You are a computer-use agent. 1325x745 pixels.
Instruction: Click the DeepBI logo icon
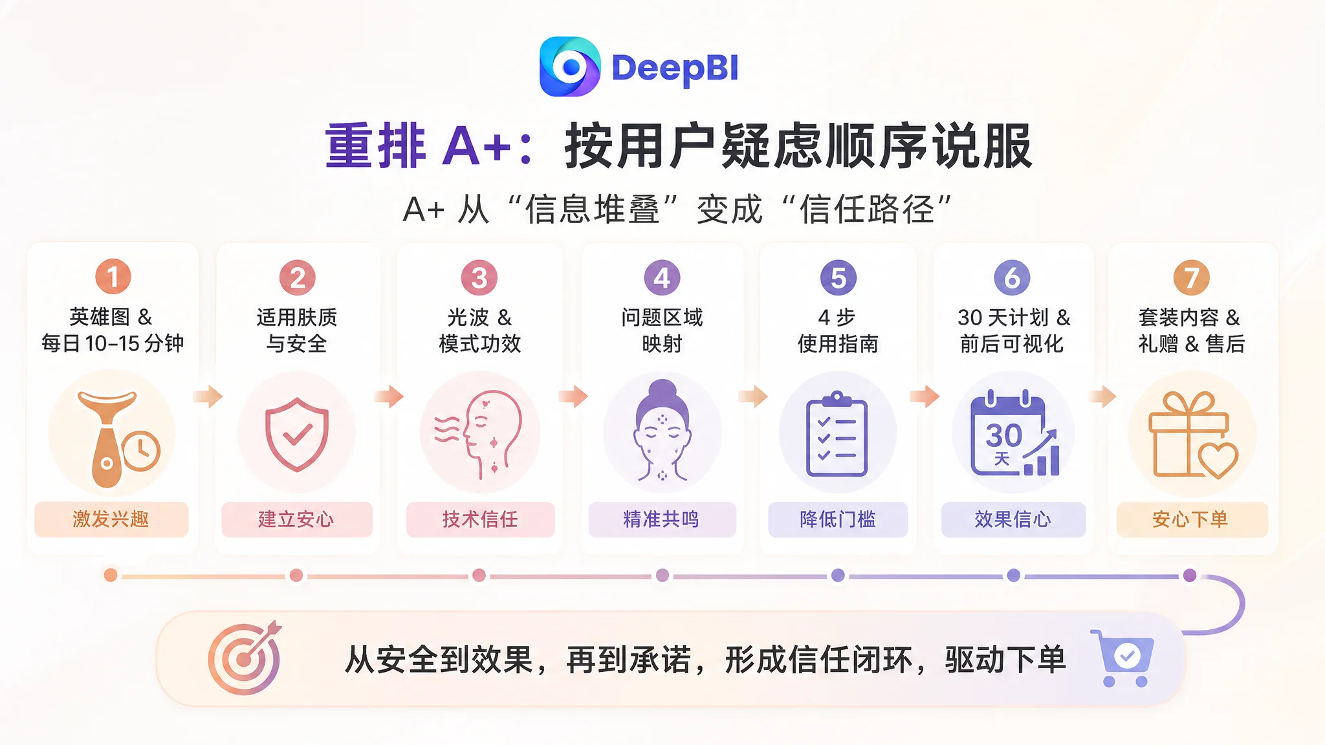[570, 67]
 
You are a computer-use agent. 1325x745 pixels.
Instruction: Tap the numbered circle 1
[113, 277]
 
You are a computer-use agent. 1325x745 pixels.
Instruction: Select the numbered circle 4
[662, 277]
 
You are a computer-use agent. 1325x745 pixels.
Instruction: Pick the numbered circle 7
[1191, 277]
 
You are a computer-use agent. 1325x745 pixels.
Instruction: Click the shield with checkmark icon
[297, 434]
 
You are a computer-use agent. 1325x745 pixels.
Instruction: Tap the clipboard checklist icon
[837, 433]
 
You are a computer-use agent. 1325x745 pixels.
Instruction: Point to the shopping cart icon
[1123, 658]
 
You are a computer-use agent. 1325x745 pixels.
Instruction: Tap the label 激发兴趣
[111, 519]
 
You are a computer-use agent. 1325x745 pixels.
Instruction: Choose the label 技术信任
[480, 519]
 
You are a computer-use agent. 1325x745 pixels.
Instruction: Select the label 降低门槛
[838, 519]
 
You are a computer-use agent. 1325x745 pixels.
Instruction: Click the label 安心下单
[1192, 519]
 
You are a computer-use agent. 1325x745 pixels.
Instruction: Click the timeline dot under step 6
[1014, 575]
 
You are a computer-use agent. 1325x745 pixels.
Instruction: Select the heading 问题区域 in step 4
[662, 318]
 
